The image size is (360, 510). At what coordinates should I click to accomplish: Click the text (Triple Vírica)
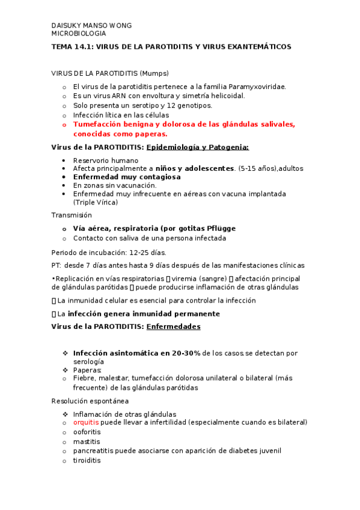coord(96,202)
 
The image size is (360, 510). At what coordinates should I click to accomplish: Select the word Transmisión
coord(72,215)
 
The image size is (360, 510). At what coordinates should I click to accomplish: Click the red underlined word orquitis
coord(87,423)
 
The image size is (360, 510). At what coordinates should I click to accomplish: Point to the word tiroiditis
coord(87,461)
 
